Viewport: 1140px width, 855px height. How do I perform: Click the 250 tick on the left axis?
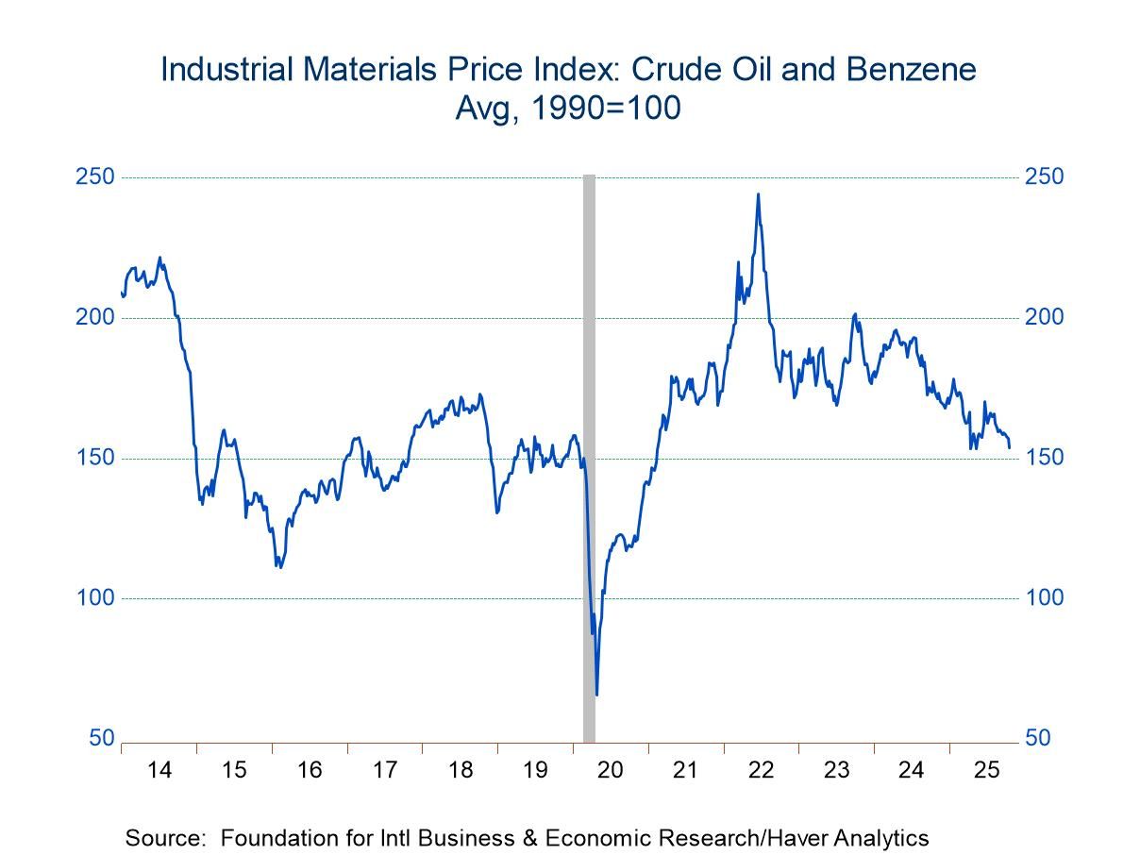[101, 177]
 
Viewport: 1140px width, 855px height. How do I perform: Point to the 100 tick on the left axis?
[101, 597]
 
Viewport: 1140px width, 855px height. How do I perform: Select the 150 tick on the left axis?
[101, 458]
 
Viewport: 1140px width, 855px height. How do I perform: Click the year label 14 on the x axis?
[159, 770]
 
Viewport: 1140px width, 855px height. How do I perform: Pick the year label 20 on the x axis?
[611, 770]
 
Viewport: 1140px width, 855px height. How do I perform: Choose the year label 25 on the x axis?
[986, 770]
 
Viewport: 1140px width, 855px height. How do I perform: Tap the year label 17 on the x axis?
[385, 770]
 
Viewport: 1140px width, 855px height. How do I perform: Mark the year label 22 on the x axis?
[761, 770]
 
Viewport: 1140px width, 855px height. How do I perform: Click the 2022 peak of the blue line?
[758, 194]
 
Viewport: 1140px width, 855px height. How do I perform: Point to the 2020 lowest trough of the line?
[596, 695]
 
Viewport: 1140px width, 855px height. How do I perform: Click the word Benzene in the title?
[907, 70]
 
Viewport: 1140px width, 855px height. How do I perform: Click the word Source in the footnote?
[159, 837]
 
